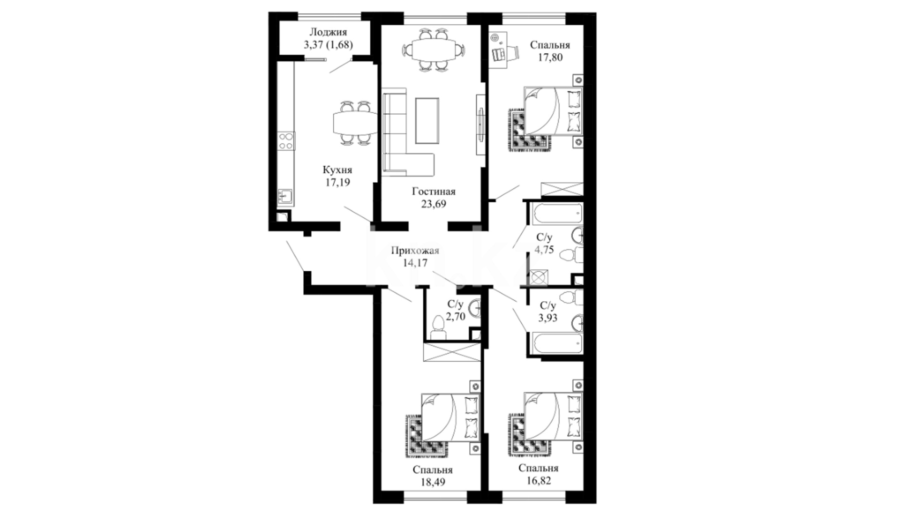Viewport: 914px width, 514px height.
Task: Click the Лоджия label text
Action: click(x=328, y=32)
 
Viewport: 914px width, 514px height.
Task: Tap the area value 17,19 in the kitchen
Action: click(x=338, y=182)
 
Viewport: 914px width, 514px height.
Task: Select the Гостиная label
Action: click(x=434, y=191)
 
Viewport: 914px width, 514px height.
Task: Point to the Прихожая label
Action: click(x=415, y=251)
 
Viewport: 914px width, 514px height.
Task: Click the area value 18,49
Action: click(x=433, y=482)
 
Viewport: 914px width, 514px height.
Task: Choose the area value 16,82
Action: click(x=538, y=480)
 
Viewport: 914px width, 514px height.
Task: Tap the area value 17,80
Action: click(x=550, y=58)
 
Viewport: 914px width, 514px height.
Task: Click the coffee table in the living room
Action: click(x=427, y=120)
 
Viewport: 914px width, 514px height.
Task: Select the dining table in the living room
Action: click(x=434, y=49)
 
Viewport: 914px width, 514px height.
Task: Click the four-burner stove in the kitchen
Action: click(x=286, y=141)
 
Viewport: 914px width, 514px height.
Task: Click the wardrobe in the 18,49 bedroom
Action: click(x=451, y=352)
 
